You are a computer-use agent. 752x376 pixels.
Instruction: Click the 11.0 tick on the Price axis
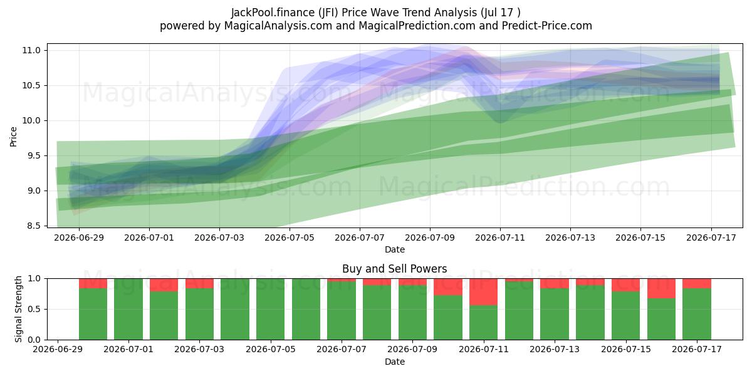[31, 50]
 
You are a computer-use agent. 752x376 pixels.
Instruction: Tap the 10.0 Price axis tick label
[31, 120]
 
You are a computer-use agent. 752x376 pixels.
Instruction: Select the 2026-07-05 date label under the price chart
[290, 238]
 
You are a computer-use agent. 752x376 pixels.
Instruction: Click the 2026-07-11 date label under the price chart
[500, 238]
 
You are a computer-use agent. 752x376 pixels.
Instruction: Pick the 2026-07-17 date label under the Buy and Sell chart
[697, 350]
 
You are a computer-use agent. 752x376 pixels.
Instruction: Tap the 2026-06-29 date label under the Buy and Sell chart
[58, 350]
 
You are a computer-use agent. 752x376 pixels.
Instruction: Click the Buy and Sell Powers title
[394, 269]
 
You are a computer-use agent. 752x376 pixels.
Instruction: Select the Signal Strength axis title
[18, 309]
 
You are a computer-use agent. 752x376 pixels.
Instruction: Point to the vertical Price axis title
[13, 137]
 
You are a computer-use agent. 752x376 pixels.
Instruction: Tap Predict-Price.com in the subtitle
[547, 26]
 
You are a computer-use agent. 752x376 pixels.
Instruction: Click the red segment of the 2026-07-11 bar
[483, 292]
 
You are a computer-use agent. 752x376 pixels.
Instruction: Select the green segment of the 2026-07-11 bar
[483, 323]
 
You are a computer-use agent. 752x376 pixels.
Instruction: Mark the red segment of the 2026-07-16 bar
[661, 288]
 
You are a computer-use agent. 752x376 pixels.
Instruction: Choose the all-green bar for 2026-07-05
[271, 309]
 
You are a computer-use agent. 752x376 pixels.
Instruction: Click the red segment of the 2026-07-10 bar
[448, 287]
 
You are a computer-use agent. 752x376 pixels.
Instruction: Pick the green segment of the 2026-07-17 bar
[697, 314]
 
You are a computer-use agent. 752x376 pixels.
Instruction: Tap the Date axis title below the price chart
[394, 250]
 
